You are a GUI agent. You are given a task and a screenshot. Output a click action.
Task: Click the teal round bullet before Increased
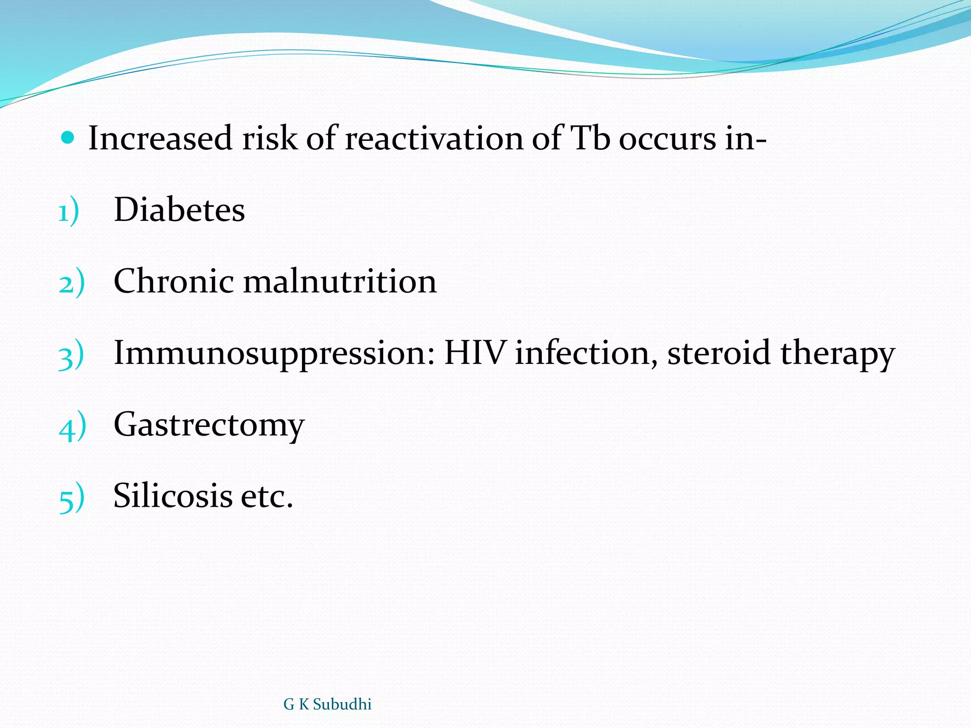click(x=68, y=138)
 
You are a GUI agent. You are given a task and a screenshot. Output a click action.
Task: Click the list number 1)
click(x=69, y=212)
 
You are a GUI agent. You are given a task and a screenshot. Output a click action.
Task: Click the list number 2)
click(x=72, y=283)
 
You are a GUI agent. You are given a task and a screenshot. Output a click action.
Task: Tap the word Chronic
click(x=174, y=281)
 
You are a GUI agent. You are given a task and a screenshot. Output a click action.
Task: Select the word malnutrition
click(x=339, y=281)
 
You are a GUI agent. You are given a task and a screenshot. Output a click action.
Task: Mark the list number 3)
click(x=71, y=355)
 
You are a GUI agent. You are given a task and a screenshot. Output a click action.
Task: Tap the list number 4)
click(x=72, y=427)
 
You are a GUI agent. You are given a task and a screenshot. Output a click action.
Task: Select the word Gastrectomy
click(x=209, y=425)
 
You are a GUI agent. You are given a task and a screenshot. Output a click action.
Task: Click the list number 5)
click(x=72, y=499)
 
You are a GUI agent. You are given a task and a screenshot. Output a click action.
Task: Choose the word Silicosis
click(x=173, y=496)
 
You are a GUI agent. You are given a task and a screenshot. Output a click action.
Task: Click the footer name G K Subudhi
click(x=327, y=704)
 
